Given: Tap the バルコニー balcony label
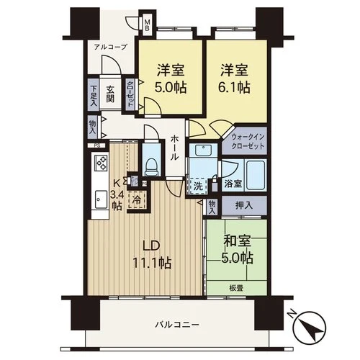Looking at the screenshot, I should [x=177, y=325].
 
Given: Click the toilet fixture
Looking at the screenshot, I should [x=150, y=166].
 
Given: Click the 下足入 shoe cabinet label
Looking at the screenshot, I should [x=94, y=96].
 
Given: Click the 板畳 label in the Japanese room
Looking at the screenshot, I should [x=236, y=287].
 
